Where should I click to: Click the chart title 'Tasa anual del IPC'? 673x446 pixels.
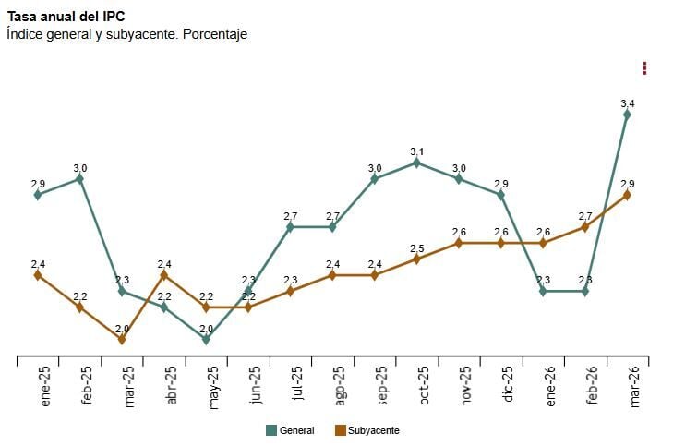click(x=66, y=16)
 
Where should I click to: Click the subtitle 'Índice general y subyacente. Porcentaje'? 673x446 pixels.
click(x=126, y=34)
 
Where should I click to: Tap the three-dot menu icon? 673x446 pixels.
click(x=644, y=68)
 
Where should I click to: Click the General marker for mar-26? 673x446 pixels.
click(x=628, y=115)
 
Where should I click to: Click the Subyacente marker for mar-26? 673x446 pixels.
click(x=628, y=195)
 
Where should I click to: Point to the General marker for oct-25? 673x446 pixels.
click(x=417, y=163)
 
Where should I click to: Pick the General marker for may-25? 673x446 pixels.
click(x=206, y=339)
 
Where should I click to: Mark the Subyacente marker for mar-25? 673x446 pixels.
click(x=122, y=339)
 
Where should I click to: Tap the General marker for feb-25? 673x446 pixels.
click(x=80, y=179)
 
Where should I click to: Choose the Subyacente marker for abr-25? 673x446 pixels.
click(x=164, y=275)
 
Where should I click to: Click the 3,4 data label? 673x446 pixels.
click(x=628, y=102)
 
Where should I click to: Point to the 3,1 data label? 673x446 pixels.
click(x=417, y=151)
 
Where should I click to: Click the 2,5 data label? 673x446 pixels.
click(x=417, y=248)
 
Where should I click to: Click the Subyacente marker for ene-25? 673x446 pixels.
click(x=38, y=275)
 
